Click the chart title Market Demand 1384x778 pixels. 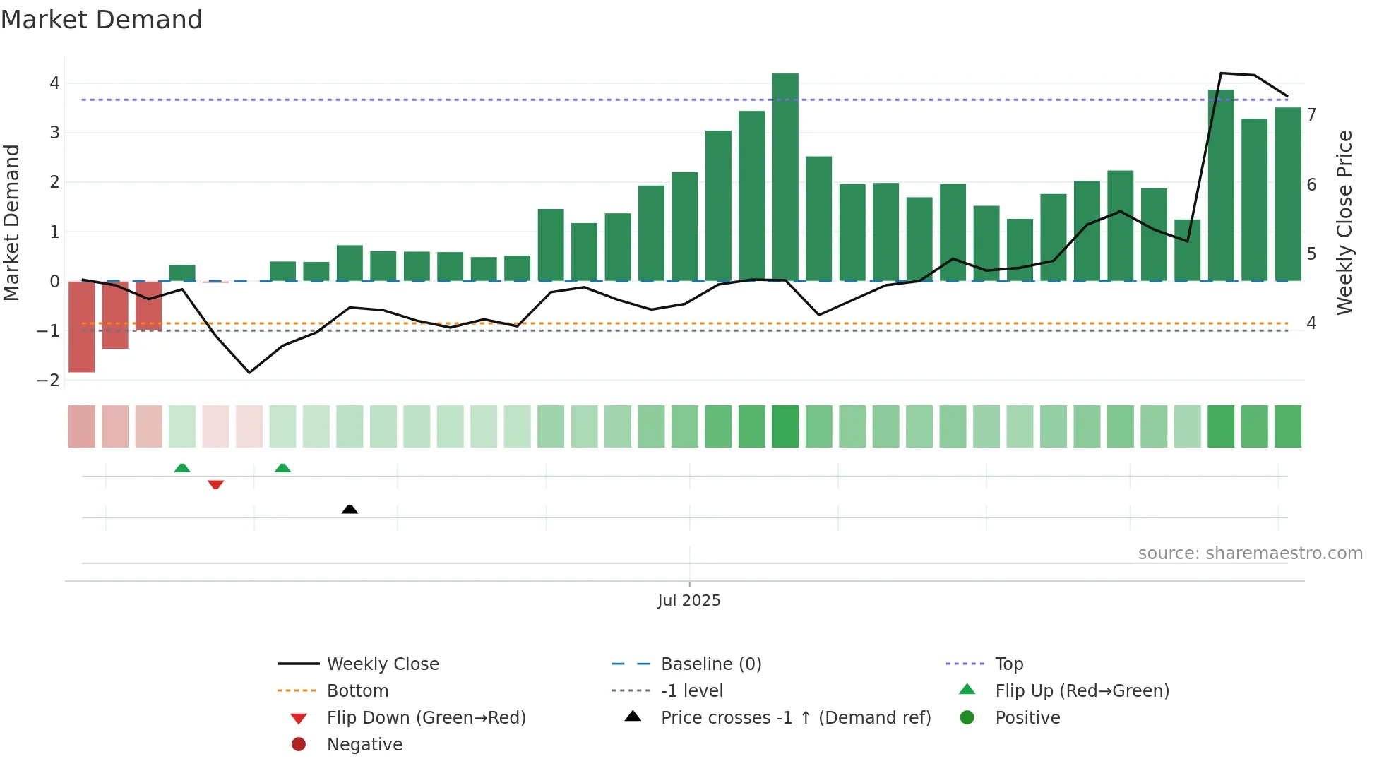pyautogui.click(x=102, y=20)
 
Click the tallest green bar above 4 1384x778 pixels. pyautogui.click(x=785, y=176)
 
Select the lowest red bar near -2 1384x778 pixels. pyautogui.click(x=81, y=326)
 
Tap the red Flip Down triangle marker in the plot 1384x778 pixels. pyautogui.click(x=215, y=484)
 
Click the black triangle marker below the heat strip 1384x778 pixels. pyautogui.click(x=350, y=509)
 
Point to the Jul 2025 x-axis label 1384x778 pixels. pyautogui.click(x=688, y=600)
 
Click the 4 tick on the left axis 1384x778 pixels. pyautogui.click(x=54, y=83)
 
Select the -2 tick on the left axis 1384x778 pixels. pyautogui.click(x=48, y=381)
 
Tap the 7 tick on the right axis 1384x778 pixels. pyautogui.click(x=1311, y=115)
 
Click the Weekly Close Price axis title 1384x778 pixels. pyautogui.click(x=1344, y=222)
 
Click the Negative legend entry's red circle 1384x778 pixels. pyautogui.click(x=299, y=744)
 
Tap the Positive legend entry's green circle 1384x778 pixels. pyautogui.click(x=967, y=717)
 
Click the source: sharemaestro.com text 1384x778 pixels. pyautogui.click(x=1250, y=553)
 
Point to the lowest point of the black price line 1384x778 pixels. pyautogui.click(x=249, y=373)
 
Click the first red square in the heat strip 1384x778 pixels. pyautogui.click(x=81, y=426)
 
